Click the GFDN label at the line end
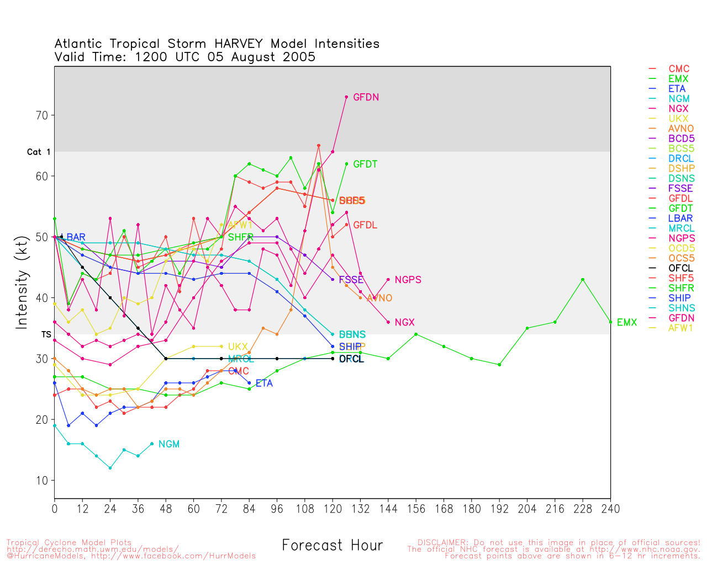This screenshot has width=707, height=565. pos(366,98)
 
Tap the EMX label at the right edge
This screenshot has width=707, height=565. pos(626,323)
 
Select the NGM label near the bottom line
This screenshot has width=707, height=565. pos(168,444)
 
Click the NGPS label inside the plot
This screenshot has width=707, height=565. pos(408,280)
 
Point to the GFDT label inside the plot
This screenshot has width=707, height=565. pos(365,164)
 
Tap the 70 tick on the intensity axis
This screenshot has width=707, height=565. pos(42,115)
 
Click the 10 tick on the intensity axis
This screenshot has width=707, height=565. pos(42,481)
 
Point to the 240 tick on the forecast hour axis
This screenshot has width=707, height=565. pos(610,509)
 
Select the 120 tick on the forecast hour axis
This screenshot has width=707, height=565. pos(333,509)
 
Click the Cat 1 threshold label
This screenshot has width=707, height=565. pos(39,152)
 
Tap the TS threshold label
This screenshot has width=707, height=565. pos(46,334)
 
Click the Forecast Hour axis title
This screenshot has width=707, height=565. pos(332,546)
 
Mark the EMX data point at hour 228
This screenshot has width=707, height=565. pos(583,280)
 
